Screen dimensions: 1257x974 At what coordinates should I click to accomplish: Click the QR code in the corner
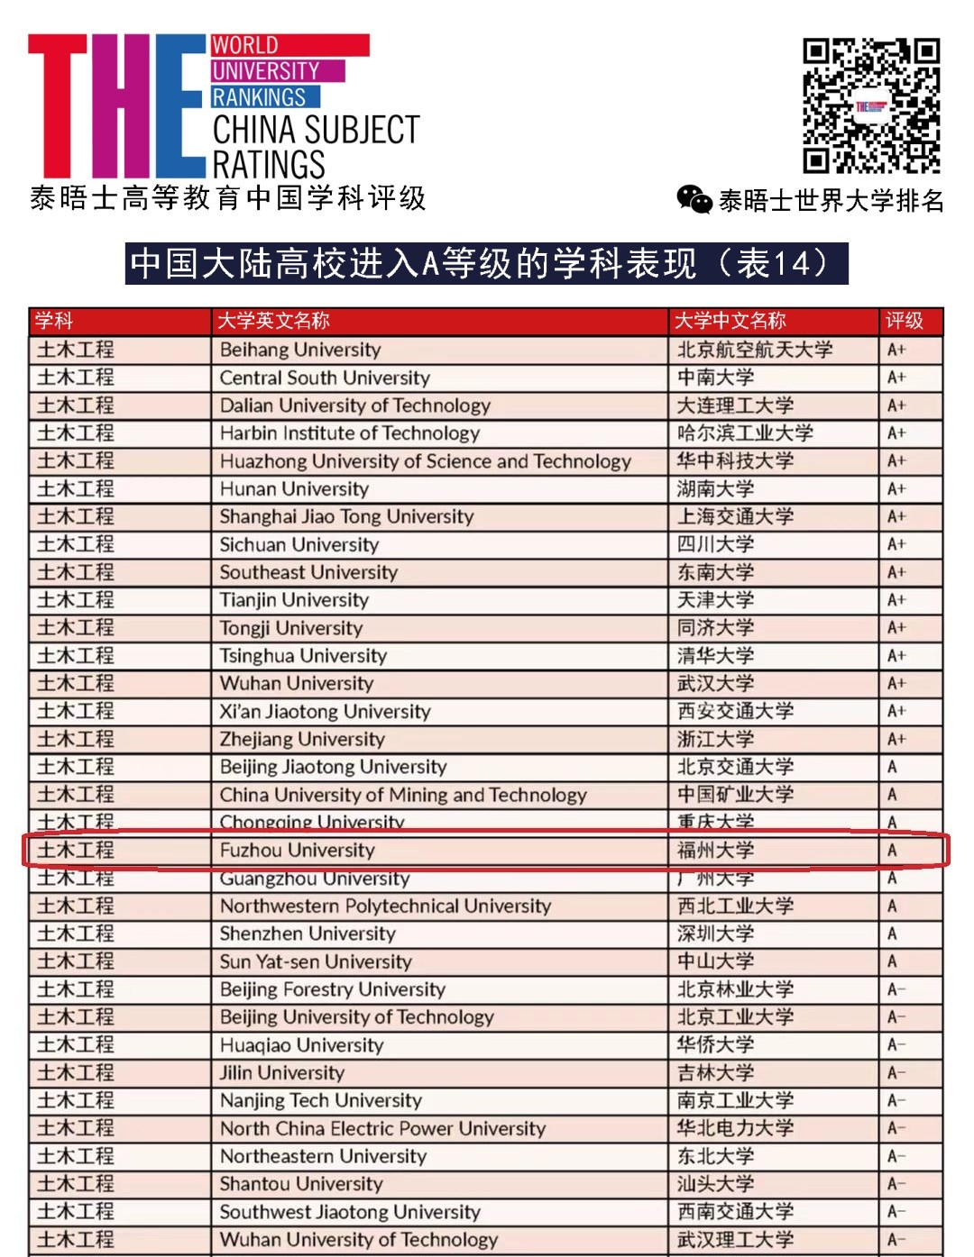pos(871,105)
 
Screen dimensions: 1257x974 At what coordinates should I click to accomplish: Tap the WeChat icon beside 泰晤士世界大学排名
pos(694,199)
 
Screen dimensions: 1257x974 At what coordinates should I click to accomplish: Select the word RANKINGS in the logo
pos(260,96)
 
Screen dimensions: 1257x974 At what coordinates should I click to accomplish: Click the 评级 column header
pos(904,321)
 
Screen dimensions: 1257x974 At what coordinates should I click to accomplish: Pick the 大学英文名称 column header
pos(273,321)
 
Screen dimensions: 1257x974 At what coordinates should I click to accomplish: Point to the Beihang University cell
pos(300,350)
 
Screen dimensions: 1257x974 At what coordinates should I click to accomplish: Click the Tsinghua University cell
pos(303,656)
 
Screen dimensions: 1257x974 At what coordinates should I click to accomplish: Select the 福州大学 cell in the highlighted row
pos(716,851)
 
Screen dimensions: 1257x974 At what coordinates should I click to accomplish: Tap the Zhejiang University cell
pos(302,740)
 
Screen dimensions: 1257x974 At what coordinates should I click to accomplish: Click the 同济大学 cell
pos(716,628)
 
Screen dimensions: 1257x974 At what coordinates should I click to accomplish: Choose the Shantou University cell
pos(301,1184)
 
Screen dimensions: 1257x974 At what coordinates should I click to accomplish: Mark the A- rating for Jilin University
pos(896,1073)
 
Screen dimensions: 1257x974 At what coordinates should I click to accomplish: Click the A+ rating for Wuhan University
pos(896,684)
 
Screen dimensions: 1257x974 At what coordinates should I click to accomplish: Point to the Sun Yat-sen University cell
pos(316,961)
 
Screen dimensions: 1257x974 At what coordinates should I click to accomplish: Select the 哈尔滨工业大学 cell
pos(745,433)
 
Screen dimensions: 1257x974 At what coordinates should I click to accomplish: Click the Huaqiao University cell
pos(301,1045)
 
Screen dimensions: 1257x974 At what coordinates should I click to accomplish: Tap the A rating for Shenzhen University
pos(893,934)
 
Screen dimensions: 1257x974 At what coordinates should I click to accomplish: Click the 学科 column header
pos(54,321)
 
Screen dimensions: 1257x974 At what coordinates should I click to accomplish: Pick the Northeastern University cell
pos(323,1156)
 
